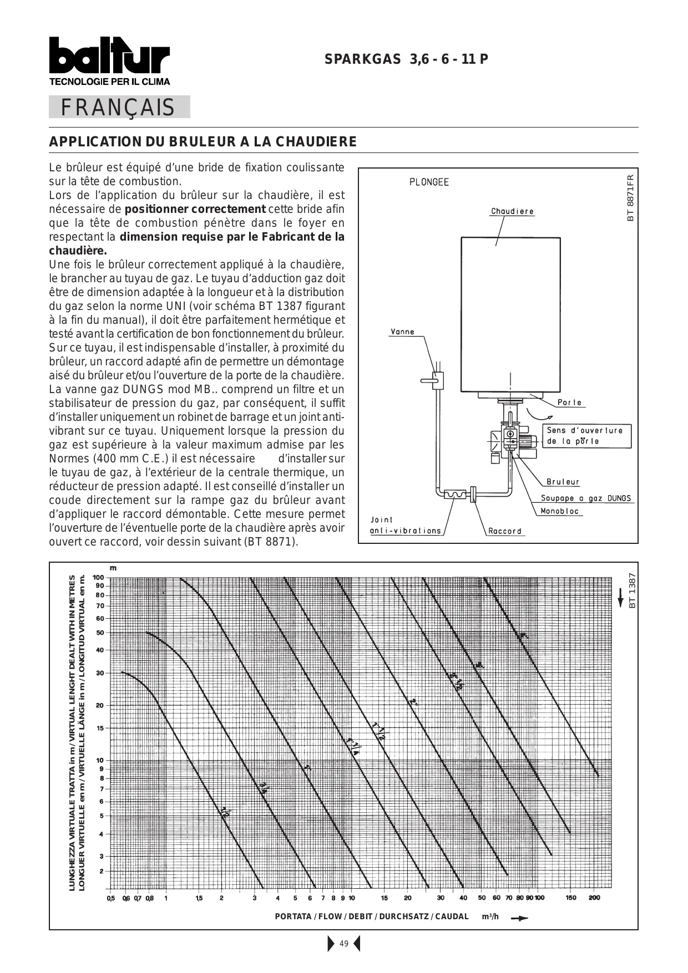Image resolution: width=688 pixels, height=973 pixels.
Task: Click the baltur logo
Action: [109, 57]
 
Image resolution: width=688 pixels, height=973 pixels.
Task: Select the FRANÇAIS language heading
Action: [118, 108]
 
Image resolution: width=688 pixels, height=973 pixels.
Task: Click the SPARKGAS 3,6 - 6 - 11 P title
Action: [407, 59]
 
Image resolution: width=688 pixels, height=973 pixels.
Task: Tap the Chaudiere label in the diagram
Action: [512, 211]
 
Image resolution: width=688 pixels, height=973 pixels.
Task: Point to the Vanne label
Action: [402, 332]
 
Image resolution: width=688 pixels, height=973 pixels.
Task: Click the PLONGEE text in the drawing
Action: [429, 182]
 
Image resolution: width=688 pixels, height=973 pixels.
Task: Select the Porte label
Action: [569, 403]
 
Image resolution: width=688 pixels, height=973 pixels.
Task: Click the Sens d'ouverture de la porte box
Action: [586, 436]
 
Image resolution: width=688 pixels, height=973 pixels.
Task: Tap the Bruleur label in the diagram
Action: [563, 482]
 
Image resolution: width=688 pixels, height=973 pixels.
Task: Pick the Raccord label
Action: [505, 531]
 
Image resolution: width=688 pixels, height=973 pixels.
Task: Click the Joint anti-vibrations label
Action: [405, 526]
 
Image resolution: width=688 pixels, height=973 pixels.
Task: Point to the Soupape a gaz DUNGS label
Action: [586, 498]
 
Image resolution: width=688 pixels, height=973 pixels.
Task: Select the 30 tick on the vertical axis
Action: [100, 673]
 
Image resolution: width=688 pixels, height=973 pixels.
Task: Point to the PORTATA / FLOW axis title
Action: [372, 916]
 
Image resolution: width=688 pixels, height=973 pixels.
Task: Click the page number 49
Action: [344, 944]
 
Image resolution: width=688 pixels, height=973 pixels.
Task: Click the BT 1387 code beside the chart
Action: [631, 590]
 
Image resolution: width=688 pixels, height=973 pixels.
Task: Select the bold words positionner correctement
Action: [195, 209]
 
